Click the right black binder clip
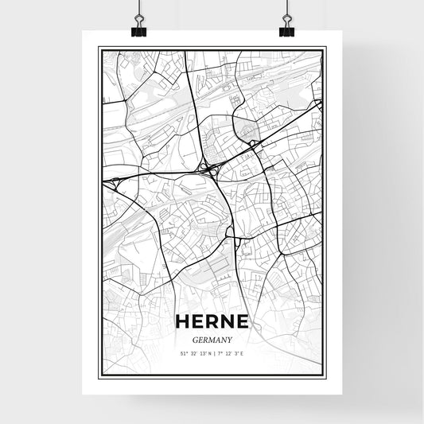tap(286, 29)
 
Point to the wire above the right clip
tap(286, 10)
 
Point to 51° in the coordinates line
tap(184, 352)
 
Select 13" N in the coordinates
tap(204, 352)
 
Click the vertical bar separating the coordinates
tap(212, 352)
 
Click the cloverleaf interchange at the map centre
tap(209, 167)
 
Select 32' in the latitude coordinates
tap(193, 352)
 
